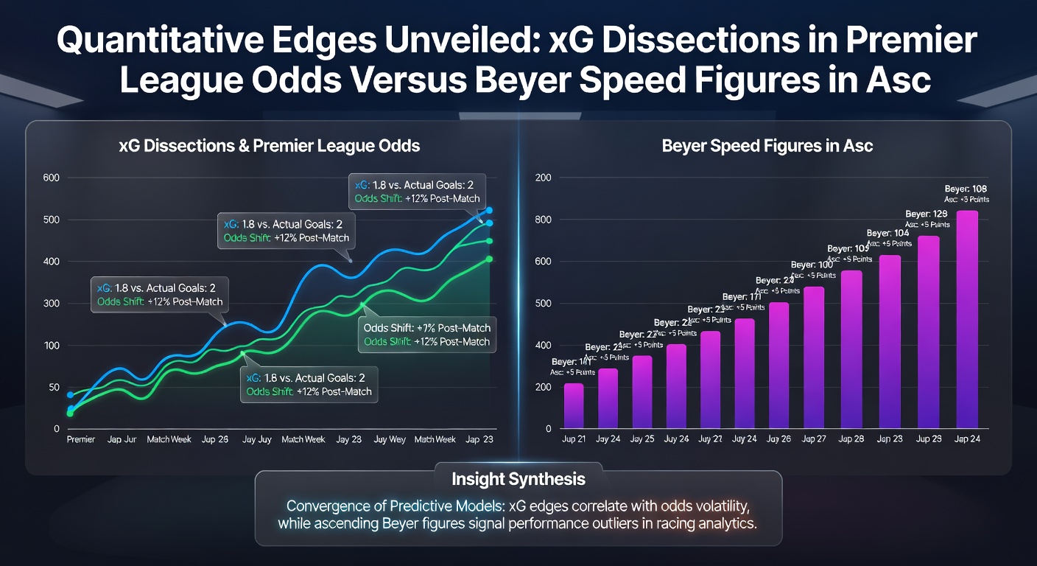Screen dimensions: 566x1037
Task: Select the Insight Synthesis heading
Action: click(518, 479)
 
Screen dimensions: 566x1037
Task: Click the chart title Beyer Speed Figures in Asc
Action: click(767, 146)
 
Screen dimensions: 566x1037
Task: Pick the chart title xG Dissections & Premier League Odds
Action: click(269, 146)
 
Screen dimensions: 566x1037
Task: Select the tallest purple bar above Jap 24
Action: click(966, 318)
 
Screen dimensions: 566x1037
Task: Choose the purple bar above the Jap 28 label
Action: click(851, 349)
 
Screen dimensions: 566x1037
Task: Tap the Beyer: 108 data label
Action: click(966, 187)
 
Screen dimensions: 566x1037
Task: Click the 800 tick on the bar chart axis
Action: click(544, 220)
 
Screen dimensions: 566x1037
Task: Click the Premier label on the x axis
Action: click(81, 439)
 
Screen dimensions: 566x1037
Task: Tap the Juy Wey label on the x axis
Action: click(390, 439)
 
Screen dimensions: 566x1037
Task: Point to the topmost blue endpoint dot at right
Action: click(489, 210)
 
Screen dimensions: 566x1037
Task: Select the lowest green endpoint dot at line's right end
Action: click(489, 259)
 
